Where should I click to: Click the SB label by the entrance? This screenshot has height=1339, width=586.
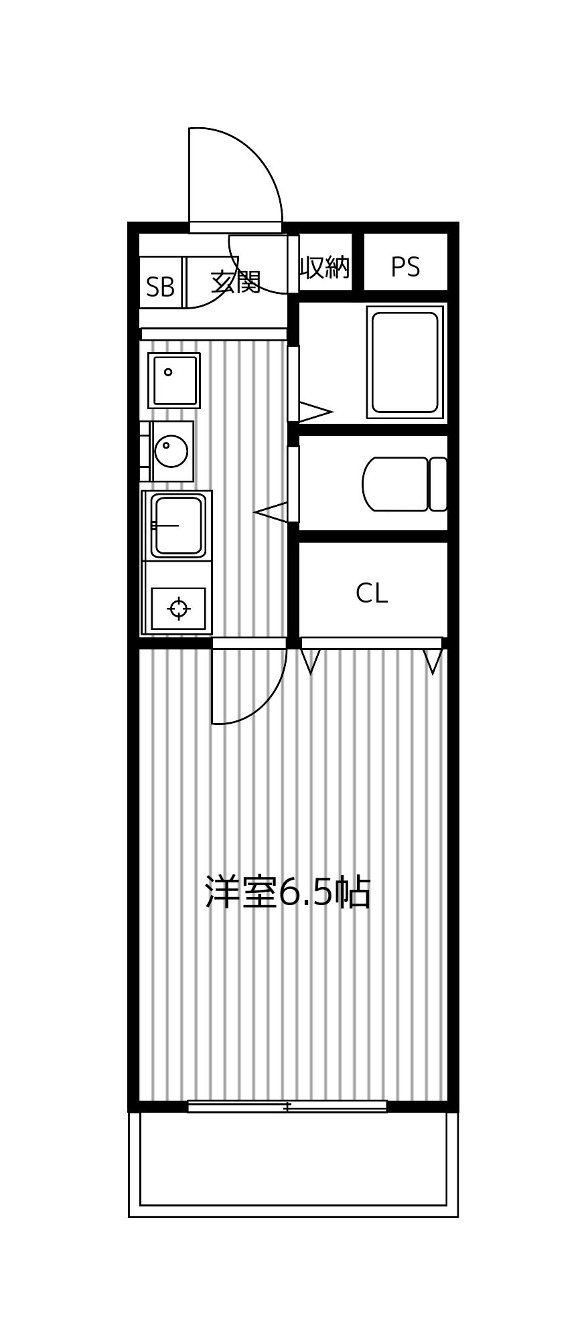coord(160,287)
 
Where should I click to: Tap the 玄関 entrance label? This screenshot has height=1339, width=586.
coord(235,282)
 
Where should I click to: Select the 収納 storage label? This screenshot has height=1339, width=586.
coord(324,267)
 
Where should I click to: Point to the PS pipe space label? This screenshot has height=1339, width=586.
coord(405,267)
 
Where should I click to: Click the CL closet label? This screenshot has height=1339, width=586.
coord(371,593)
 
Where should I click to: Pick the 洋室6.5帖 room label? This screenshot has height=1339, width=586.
coord(287,892)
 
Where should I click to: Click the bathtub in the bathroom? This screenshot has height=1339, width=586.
coord(405,362)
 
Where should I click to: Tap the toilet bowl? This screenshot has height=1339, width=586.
coord(395,484)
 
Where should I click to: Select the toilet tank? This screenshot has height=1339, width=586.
coord(438,484)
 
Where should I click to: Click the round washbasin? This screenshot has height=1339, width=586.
coord(171,451)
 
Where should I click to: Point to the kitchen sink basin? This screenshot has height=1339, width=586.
coord(177,525)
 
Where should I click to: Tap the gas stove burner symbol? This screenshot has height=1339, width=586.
coord(178,609)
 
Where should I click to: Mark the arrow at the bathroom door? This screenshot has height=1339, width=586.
coord(313,412)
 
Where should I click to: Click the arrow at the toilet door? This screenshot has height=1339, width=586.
coord(272,513)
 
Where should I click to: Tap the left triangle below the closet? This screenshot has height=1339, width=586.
coord(310,660)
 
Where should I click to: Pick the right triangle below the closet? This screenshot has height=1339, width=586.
coord(433,660)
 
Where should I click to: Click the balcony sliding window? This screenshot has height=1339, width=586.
coord(287,1107)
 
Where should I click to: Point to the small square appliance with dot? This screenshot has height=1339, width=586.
coord(173,380)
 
